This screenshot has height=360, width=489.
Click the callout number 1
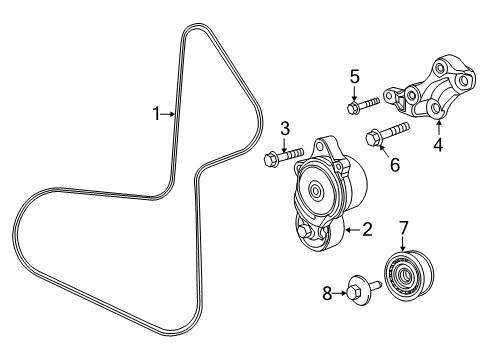coord(156,114)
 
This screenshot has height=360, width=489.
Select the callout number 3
coord(285,128)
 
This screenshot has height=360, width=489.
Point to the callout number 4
coord(438,144)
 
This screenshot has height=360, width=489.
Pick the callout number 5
coord(354,75)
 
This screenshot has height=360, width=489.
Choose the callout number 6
coord(393,164)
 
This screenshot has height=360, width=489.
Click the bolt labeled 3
coord(284,155)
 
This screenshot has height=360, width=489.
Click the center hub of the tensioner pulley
coord(318,189)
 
